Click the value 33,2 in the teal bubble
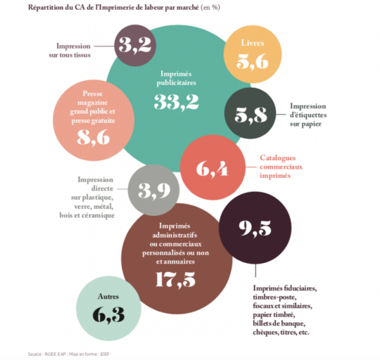coord(177,102)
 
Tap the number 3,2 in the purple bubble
coord(135,45)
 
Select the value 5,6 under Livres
coord(253,62)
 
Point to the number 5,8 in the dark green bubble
coord(251,115)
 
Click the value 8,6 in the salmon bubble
coord(94,138)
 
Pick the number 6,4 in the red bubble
coord(212,169)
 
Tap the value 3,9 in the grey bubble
coord(154,191)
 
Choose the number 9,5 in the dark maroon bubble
coord(255,229)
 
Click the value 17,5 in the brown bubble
coord(175,280)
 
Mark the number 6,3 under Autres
coord(108,315)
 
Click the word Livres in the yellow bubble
coord(253,43)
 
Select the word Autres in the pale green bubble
coord(108,296)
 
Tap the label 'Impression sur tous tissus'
coord(70,51)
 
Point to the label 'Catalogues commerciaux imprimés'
coord(281,167)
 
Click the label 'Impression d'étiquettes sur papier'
coord(308,115)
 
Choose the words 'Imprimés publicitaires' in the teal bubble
coord(176,78)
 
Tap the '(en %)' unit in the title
coord(210,7)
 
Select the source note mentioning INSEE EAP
coord(68,354)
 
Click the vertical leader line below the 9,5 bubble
coord(255,271)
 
